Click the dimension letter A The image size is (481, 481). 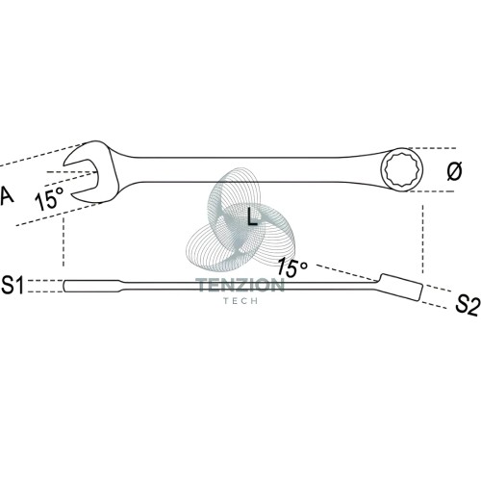[7, 195]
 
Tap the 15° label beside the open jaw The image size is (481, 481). [49, 198]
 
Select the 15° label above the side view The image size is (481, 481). [292, 266]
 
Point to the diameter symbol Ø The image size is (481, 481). [454, 171]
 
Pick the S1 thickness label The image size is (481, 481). [13, 285]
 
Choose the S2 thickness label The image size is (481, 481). [468, 306]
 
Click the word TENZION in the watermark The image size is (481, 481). [240, 285]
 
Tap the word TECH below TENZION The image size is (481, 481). [240, 301]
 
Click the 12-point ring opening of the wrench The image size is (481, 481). [402, 170]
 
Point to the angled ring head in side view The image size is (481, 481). [400, 287]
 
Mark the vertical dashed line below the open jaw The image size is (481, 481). [63, 241]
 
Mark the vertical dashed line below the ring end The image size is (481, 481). [422, 240]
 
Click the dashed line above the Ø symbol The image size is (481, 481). [431, 148]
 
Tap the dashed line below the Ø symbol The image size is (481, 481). [432, 191]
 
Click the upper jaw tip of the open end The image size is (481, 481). [65, 163]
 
